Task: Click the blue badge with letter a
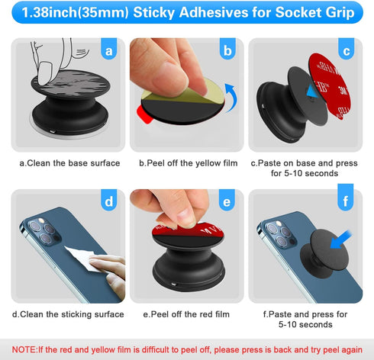110,51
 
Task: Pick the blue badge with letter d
110,203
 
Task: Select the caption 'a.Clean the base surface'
69,162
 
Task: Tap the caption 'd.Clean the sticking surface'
68,313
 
